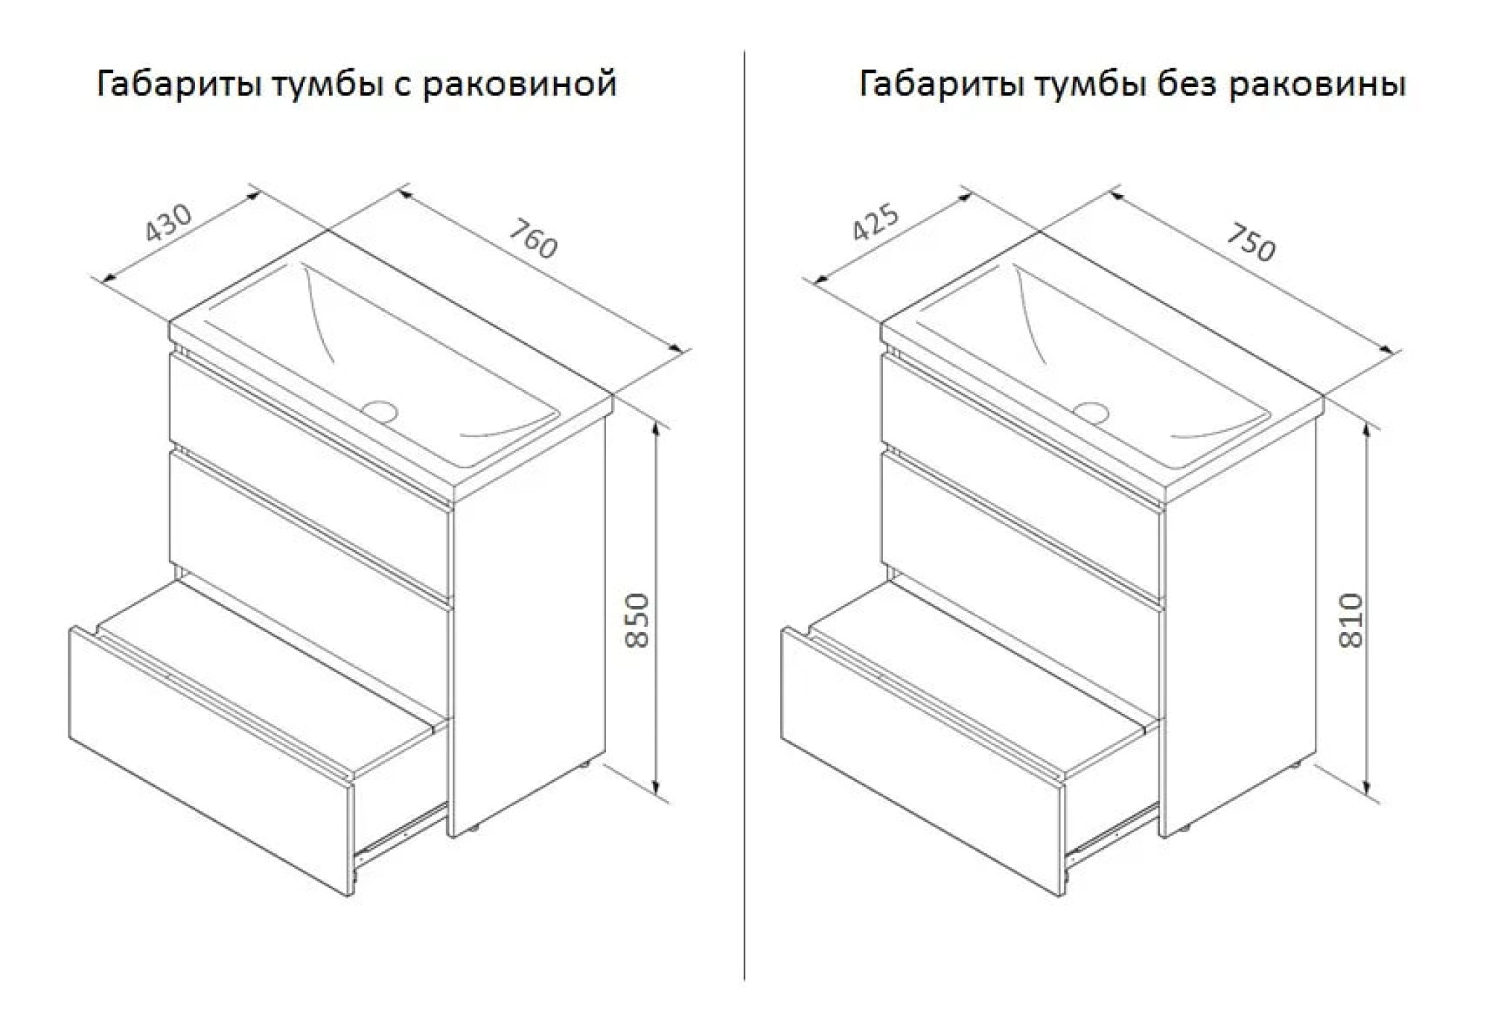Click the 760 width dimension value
pyautogui.click(x=533, y=237)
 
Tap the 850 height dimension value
pyautogui.click(x=637, y=620)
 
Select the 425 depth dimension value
pyautogui.click(x=876, y=222)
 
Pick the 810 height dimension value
pyautogui.click(x=1351, y=620)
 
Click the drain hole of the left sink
pyautogui.click(x=380, y=409)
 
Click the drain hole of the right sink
pyautogui.click(x=1091, y=411)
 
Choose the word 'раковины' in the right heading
pyautogui.click(x=1316, y=83)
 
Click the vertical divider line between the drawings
pyautogui.click(x=744, y=521)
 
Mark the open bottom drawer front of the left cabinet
pyautogui.click(x=208, y=759)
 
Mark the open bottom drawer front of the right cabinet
pyautogui.click(x=922, y=759)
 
